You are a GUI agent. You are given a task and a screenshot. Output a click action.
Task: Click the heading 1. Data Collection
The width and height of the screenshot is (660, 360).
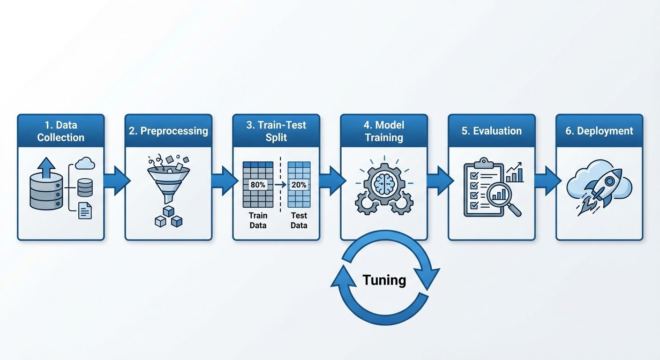(60, 131)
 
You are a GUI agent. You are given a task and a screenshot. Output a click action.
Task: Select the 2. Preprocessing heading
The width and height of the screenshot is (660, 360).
(168, 131)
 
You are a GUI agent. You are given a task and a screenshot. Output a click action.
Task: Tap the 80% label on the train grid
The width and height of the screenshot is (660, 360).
(258, 185)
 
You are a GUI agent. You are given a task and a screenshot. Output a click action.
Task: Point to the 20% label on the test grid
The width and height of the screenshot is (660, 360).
(299, 185)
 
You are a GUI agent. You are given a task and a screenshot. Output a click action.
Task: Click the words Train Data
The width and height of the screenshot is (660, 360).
(258, 220)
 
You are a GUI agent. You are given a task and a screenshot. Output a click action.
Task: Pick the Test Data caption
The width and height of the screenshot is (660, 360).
(299, 220)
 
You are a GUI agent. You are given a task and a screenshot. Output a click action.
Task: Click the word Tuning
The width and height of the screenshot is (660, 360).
(384, 280)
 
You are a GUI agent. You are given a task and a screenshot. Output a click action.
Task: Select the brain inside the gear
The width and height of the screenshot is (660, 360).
(384, 183)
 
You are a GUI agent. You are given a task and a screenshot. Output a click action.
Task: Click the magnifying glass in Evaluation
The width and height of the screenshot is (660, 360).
(503, 197)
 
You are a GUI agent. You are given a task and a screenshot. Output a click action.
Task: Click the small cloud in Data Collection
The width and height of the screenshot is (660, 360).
(85, 164)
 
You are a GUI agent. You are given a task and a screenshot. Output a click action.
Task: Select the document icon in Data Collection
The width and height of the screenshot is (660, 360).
(85, 210)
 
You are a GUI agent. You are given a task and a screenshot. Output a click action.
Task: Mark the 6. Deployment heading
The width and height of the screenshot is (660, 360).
(599, 131)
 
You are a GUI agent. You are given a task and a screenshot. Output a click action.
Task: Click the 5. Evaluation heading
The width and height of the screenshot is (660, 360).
(491, 131)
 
